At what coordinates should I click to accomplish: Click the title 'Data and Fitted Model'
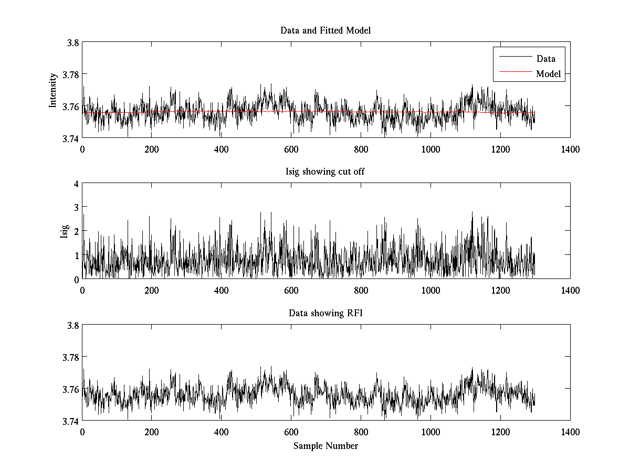325,30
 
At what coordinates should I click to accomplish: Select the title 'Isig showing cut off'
325,171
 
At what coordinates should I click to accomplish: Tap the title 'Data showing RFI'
325,313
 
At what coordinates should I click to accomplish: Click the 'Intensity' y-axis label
52,90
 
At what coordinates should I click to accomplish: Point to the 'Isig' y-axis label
64,231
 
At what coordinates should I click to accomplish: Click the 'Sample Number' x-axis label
325,446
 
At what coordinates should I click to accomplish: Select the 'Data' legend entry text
545,59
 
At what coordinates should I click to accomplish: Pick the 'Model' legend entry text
548,74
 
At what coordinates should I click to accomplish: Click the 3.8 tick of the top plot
72,43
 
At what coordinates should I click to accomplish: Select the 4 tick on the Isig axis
76,184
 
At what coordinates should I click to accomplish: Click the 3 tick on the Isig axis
76,207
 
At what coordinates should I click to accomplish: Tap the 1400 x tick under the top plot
570,149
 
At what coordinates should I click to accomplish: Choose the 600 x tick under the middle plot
291,291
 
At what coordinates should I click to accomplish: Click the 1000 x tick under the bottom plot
430,432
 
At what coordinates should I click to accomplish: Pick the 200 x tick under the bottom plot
152,432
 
